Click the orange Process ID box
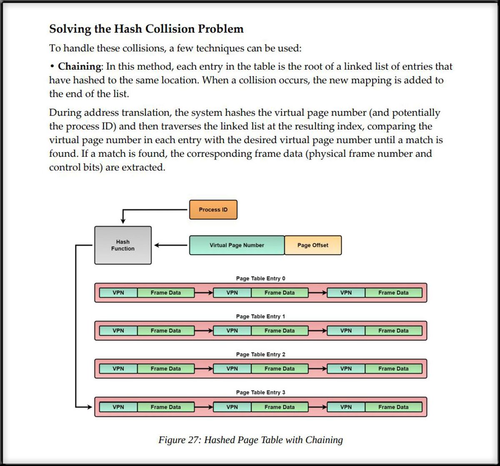click(213, 209)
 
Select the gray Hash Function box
click(123, 245)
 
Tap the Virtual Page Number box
click(237, 245)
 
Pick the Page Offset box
click(312, 245)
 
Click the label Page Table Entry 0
click(260, 278)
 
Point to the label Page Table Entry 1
click(260, 316)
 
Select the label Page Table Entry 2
click(260, 354)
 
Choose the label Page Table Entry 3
click(260, 392)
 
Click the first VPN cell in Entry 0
click(118, 292)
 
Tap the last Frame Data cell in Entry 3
click(393, 407)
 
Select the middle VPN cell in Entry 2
click(232, 368)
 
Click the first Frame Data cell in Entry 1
click(165, 330)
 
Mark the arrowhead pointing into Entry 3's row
click(89, 407)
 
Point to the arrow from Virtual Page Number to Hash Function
click(171, 245)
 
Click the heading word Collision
click(168, 29)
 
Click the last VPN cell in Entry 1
click(346, 330)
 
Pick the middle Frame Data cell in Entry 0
click(279, 292)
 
